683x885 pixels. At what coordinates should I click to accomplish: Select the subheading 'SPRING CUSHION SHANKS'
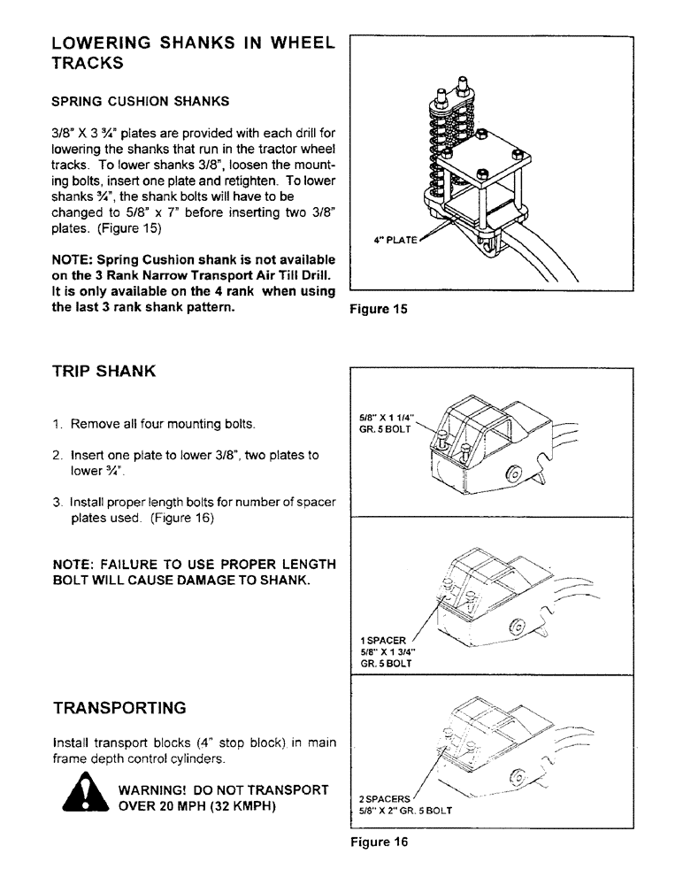141,101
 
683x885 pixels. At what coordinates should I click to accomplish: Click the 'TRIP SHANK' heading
104,371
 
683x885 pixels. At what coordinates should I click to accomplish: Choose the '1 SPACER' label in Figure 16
383,640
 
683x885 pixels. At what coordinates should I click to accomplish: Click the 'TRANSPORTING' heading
119,708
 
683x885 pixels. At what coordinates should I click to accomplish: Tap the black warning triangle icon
88,795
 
